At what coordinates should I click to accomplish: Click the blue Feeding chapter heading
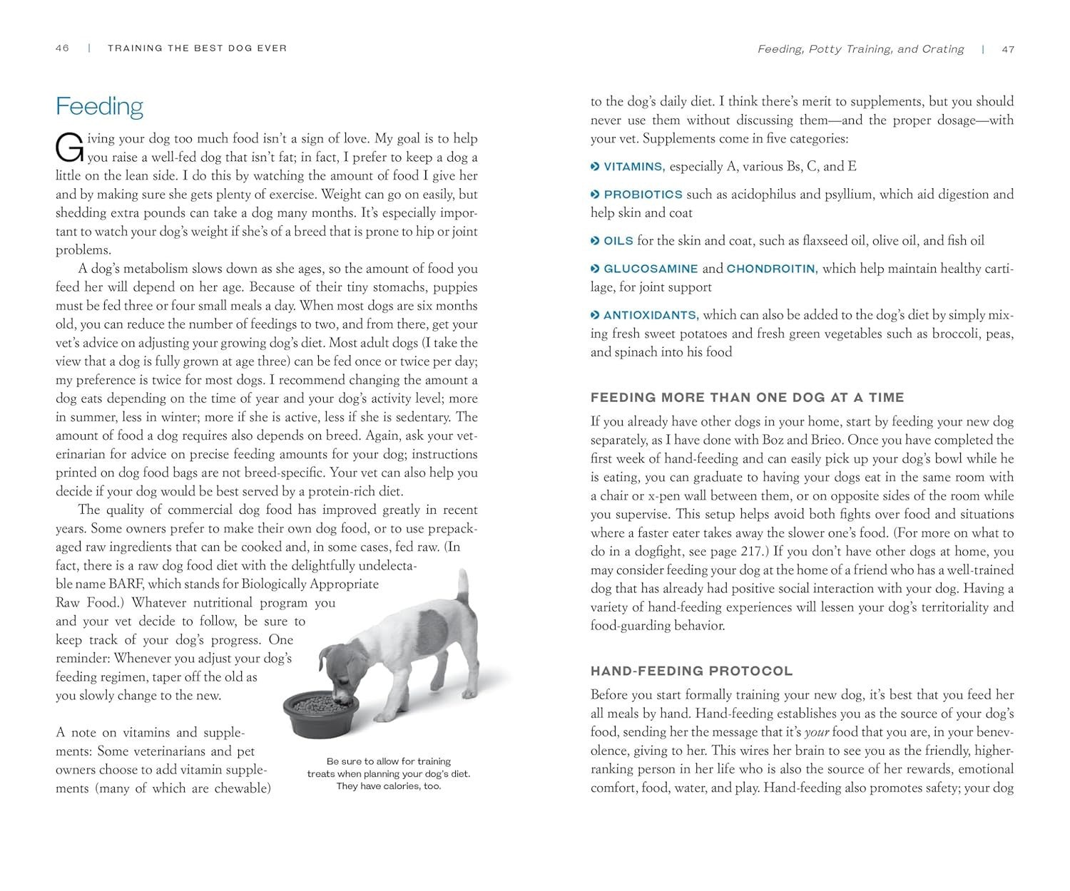tap(99, 106)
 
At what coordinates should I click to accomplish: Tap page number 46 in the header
tap(62, 48)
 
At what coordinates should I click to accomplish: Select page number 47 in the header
tap(1007, 49)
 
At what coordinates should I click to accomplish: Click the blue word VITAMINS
tap(633, 167)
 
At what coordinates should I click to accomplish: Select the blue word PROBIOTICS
tap(643, 195)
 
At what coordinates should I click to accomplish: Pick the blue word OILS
tap(618, 241)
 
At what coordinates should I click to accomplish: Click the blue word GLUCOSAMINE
tap(651, 269)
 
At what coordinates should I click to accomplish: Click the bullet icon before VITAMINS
tap(595, 167)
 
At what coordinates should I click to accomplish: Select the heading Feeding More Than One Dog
tap(747, 397)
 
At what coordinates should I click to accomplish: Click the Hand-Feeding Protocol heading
tap(691, 671)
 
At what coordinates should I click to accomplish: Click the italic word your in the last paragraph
tap(817, 732)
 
